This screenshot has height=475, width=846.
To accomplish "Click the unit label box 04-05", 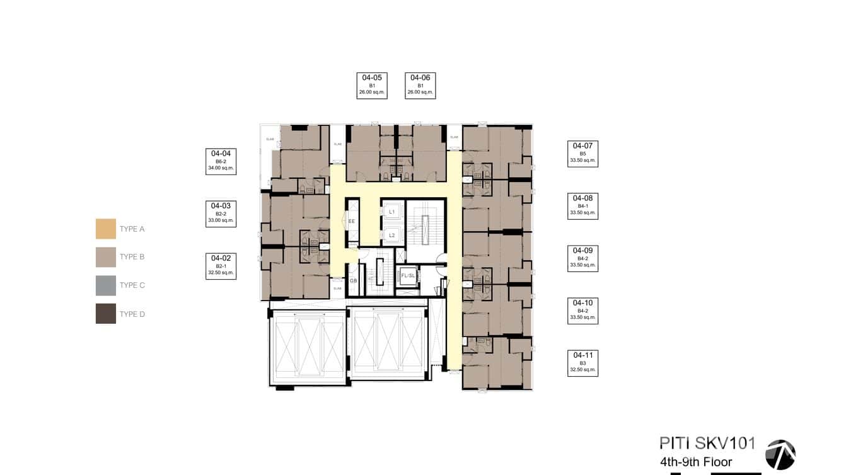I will tap(372, 86).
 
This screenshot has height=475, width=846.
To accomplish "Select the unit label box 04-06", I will tap(420, 86).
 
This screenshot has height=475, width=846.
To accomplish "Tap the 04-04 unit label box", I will tap(221, 161).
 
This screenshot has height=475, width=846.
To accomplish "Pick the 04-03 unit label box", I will tap(221, 214).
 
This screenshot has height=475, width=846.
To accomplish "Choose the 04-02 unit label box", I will tap(221, 266).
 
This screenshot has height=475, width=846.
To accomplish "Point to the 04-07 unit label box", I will tap(582, 153).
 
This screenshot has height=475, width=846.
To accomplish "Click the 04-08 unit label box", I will tap(582, 206).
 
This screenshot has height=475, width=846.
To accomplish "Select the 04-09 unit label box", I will tap(582, 258).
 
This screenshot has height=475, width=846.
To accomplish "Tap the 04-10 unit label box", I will tap(582, 311).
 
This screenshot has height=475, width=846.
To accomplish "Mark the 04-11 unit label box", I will tap(582, 363).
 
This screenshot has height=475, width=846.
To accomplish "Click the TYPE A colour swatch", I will tap(106, 229).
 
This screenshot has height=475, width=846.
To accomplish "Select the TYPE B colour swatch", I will tap(106, 257).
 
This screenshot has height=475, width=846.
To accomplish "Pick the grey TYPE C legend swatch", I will tap(106, 285).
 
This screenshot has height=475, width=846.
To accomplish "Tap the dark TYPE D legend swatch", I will tap(106, 314).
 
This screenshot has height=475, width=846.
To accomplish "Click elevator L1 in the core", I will tap(391, 212).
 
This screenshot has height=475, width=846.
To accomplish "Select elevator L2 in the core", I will tap(391, 235).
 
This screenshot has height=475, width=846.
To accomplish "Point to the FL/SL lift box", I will tap(408, 276).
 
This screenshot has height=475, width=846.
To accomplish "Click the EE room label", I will tap(352, 222).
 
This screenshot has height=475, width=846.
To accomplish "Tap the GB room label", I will tap(353, 281).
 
